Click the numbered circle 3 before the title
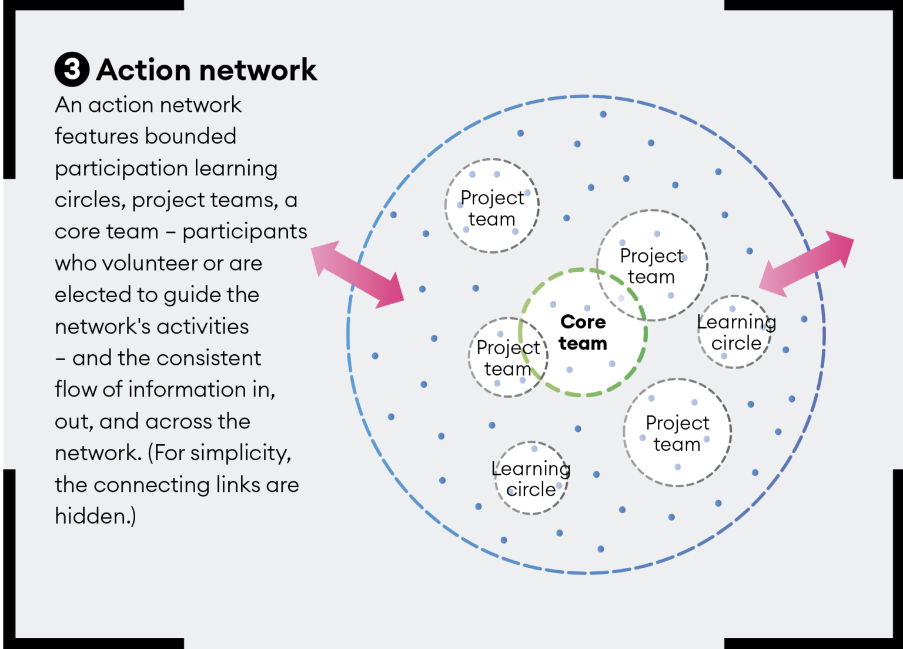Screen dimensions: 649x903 (x=72, y=69)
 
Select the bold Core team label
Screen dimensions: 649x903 (x=583, y=332)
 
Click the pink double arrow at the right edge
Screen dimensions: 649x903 (x=807, y=263)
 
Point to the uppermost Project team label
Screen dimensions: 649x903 (x=492, y=208)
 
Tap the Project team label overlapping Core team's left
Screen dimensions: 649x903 (x=508, y=358)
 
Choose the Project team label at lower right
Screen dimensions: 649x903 (x=677, y=433)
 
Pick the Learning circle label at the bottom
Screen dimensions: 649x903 (x=531, y=478)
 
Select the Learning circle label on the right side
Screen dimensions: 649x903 (x=736, y=332)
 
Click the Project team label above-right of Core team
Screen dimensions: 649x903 (x=651, y=266)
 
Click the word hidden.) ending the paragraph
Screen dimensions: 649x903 (x=95, y=516)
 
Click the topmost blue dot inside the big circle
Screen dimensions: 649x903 (x=603, y=114)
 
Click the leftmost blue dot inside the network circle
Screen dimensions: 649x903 (x=375, y=356)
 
